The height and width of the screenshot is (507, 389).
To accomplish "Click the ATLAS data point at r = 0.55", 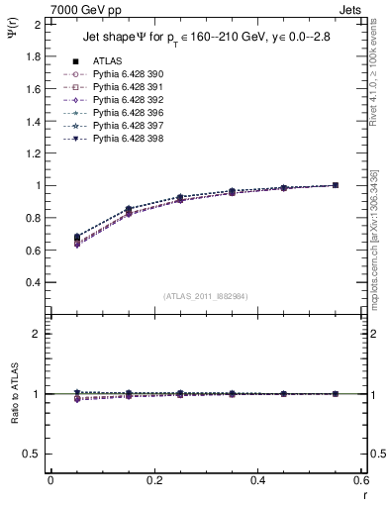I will [x=335, y=185].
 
